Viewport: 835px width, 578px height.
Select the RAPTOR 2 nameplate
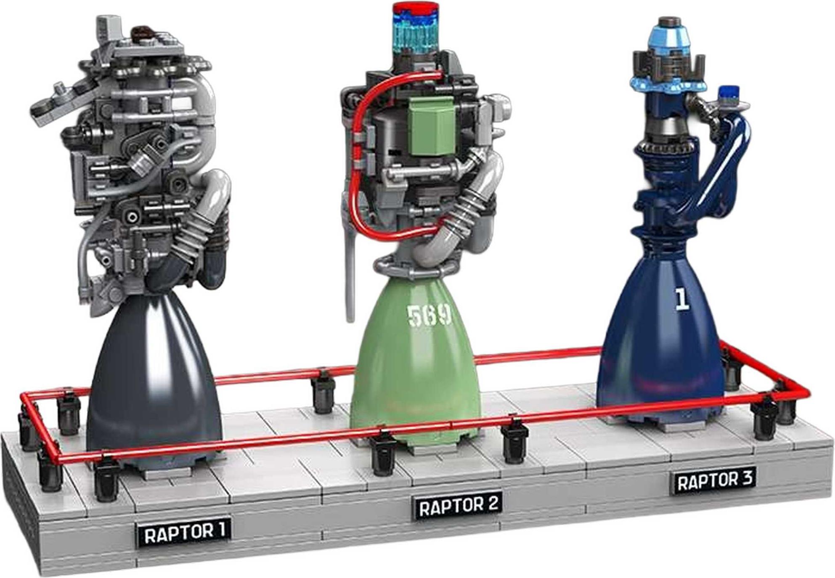458,506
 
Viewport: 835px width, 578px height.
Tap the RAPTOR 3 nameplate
713,480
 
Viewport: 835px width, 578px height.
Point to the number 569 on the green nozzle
429,315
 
